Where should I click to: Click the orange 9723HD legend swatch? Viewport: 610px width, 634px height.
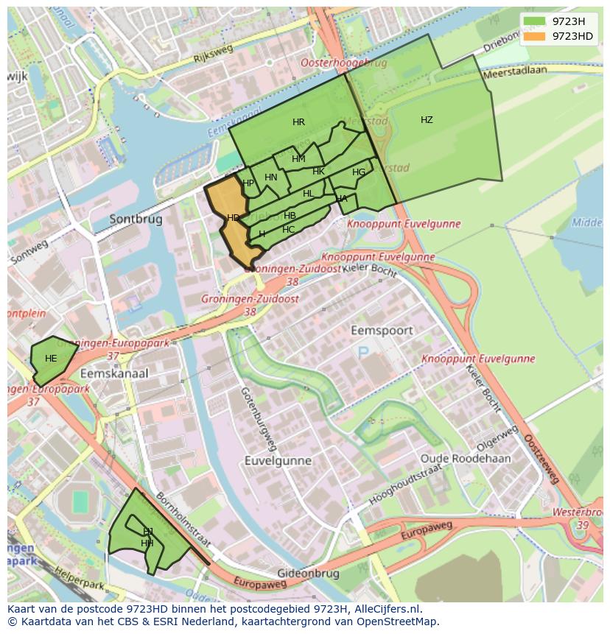click(x=536, y=36)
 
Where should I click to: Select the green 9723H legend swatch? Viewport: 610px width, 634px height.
click(x=536, y=21)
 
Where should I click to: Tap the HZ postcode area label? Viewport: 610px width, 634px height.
click(x=427, y=120)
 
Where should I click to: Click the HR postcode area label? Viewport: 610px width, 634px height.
click(x=298, y=122)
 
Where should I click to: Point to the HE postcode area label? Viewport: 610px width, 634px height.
click(x=51, y=359)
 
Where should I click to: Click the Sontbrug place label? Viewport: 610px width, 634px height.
click(x=136, y=219)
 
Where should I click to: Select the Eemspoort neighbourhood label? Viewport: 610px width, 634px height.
click(x=382, y=331)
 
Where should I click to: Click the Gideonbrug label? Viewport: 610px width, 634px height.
click(x=308, y=573)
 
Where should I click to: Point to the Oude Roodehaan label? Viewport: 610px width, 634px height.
click(x=465, y=458)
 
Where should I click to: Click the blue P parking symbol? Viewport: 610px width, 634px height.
click(x=363, y=353)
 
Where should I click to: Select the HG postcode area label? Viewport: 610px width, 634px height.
click(x=359, y=172)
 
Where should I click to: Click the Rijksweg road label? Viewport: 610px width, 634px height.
click(x=213, y=52)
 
